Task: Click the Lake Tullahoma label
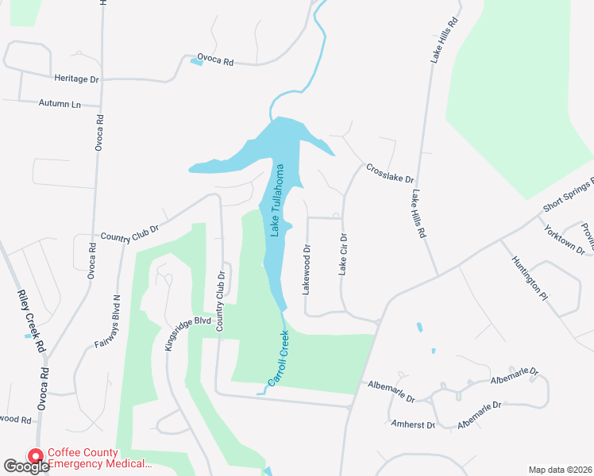pos(278,200)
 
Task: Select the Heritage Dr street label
pos(76,80)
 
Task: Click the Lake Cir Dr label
pos(344,254)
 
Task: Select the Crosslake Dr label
pos(390,174)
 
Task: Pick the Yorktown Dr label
pos(564,240)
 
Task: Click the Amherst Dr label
pos(413,424)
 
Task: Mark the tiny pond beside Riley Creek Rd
pos(28,336)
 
